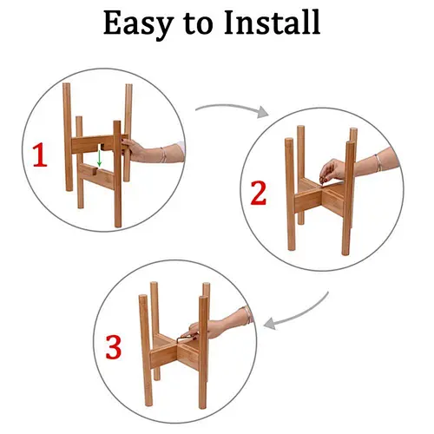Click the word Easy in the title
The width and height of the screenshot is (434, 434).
[139, 24]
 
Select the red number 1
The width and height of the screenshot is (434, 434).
[40, 155]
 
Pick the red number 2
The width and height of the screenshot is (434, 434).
[258, 193]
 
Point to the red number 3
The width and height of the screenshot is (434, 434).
[113, 347]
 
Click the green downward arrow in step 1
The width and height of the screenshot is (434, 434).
[100, 158]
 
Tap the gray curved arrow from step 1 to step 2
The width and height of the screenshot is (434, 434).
[232, 109]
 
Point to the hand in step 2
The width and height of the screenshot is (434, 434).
[337, 171]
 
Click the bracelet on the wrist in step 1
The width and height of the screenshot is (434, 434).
[164, 155]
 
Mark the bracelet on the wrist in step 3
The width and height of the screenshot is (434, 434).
[247, 315]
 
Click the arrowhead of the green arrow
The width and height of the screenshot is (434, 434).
[100, 164]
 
